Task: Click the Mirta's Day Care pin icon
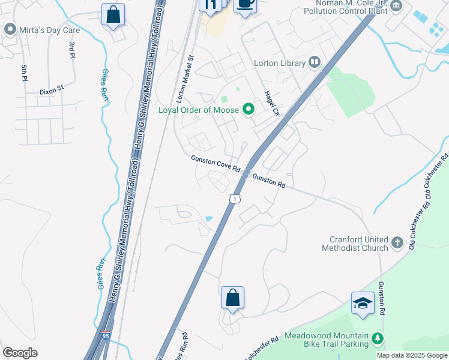(10, 29)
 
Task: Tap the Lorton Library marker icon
(315, 62)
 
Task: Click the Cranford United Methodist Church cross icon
(397, 242)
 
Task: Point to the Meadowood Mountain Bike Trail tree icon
(377, 340)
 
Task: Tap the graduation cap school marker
(363, 304)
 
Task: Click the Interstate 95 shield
(106, 337)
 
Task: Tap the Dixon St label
(52, 91)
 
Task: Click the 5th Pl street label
(24, 71)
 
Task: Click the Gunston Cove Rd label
(215, 163)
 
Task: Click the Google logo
(20, 353)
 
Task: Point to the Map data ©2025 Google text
(412, 355)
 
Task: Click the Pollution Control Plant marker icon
(396, 6)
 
